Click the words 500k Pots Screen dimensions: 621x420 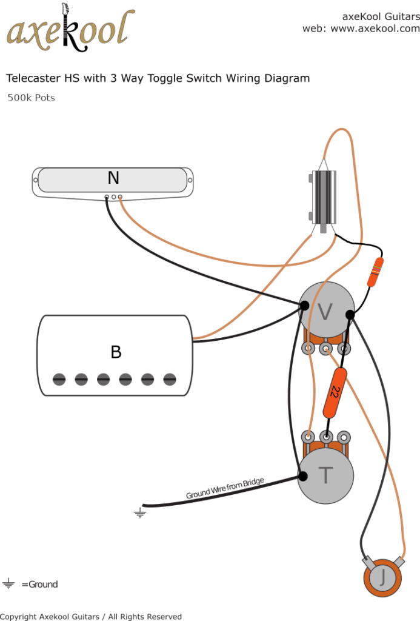click(x=31, y=98)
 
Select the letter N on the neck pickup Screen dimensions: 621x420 click(x=113, y=178)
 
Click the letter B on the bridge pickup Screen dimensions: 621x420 click(x=115, y=352)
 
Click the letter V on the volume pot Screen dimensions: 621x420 click(x=325, y=312)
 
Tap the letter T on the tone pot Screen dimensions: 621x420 click(x=325, y=475)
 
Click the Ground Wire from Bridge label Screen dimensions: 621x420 click(x=225, y=488)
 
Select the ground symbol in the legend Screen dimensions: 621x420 click(x=8, y=585)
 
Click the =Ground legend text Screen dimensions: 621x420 click(x=40, y=585)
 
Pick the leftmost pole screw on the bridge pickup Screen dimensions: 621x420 click(x=59, y=380)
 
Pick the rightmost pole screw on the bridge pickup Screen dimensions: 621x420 click(x=170, y=380)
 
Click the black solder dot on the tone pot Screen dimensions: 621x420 click(x=301, y=476)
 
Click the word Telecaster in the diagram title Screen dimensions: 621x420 click(x=30, y=78)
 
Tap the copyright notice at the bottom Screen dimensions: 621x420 click(x=91, y=617)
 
